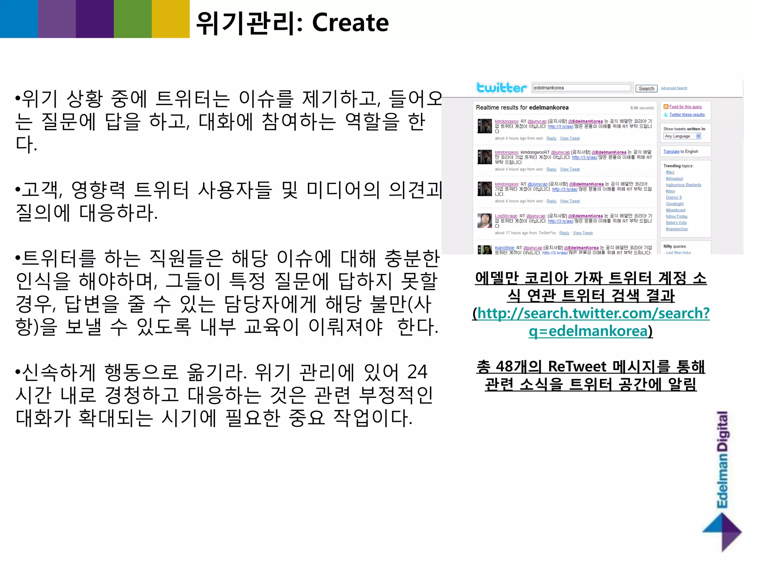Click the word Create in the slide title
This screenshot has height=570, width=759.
click(x=350, y=23)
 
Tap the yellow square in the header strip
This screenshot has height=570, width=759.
click(x=170, y=19)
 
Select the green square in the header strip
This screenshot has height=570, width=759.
click(x=133, y=19)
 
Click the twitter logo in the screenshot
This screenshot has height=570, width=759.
click(x=501, y=88)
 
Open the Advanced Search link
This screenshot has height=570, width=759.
click(x=674, y=88)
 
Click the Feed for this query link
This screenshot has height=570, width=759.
click(x=685, y=107)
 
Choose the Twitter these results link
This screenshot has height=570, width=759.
click(x=687, y=115)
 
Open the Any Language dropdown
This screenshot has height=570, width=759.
click(x=682, y=136)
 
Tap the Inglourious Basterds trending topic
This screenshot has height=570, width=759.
click(x=683, y=185)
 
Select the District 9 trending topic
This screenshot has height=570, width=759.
click(x=673, y=197)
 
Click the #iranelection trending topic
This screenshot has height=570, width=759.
click(x=677, y=229)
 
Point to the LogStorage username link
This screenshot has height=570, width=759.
click(x=506, y=216)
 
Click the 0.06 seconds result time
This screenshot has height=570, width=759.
click(x=642, y=108)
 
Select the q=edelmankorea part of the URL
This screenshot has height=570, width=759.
click(x=588, y=331)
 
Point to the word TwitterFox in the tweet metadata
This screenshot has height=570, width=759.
click(x=547, y=233)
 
